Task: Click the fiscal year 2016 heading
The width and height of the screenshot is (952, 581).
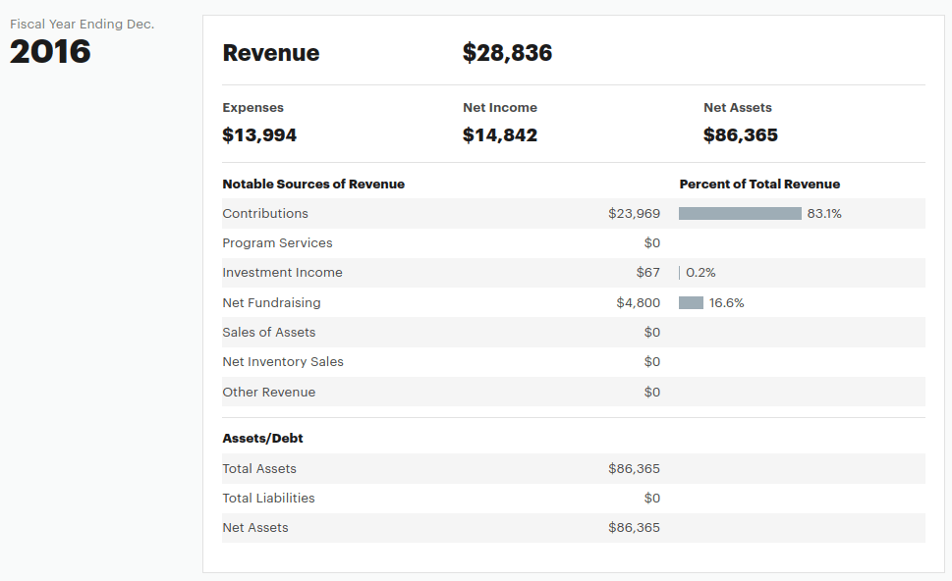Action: pyautogui.click(x=50, y=51)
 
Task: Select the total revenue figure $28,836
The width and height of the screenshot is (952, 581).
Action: pyautogui.click(x=507, y=53)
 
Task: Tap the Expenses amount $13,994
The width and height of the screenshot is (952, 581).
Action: pyautogui.click(x=259, y=135)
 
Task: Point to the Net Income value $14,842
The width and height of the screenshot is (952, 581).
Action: pyautogui.click(x=500, y=135)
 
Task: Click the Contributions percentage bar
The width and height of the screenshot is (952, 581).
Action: pyautogui.click(x=740, y=214)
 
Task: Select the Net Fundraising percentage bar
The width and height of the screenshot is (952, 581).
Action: pyautogui.click(x=691, y=303)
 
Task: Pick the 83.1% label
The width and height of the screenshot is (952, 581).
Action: pyautogui.click(x=824, y=214)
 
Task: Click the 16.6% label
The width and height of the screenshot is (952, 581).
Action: pyautogui.click(x=727, y=303)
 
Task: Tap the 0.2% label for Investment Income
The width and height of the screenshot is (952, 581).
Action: pyautogui.click(x=700, y=273)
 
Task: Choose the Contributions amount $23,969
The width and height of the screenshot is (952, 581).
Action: pyautogui.click(x=634, y=214)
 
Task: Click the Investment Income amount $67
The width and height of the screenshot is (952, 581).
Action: pyautogui.click(x=647, y=273)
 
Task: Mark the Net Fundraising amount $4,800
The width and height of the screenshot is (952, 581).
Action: pyautogui.click(x=638, y=303)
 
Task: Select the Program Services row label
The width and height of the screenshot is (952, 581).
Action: pyautogui.click(x=277, y=243)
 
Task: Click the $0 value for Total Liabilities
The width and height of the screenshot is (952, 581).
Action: pyautogui.click(x=651, y=499)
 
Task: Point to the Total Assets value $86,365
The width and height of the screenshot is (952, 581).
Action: pyautogui.click(x=634, y=469)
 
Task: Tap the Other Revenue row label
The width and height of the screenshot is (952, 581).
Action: pyautogui.click(x=268, y=393)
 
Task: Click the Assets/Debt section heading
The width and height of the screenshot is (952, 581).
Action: pyautogui.click(x=262, y=439)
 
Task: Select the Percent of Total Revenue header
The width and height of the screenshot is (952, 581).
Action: pyautogui.click(x=759, y=185)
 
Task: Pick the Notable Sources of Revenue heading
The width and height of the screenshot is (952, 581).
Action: pyautogui.click(x=313, y=185)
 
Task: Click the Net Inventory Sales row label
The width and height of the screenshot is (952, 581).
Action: pyautogui.click(x=283, y=362)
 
